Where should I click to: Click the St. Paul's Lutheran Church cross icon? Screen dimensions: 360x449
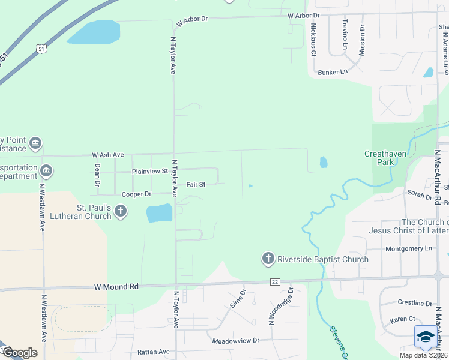click(121, 211)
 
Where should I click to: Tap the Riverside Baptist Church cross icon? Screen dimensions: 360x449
click(268, 259)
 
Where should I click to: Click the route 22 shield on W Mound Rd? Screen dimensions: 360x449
click(275, 282)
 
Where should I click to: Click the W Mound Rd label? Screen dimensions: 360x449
click(116, 287)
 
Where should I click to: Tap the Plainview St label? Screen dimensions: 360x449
click(150, 172)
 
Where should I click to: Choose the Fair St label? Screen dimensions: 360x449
click(196, 184)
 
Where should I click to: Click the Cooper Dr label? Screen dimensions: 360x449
click(136, 194)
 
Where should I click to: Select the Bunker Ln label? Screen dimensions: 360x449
click(333, 72)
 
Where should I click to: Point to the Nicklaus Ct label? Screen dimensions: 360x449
click(313, 40)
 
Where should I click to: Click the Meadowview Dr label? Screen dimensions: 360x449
click(235, 341)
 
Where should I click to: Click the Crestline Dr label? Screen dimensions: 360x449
click(415, 304)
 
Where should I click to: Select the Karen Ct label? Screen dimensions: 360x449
click(402, 319)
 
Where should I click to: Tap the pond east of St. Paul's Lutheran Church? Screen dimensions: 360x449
click(159, 212)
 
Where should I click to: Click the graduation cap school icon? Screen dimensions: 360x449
click(426, 337)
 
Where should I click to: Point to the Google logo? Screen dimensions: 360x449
click(20, 353)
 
